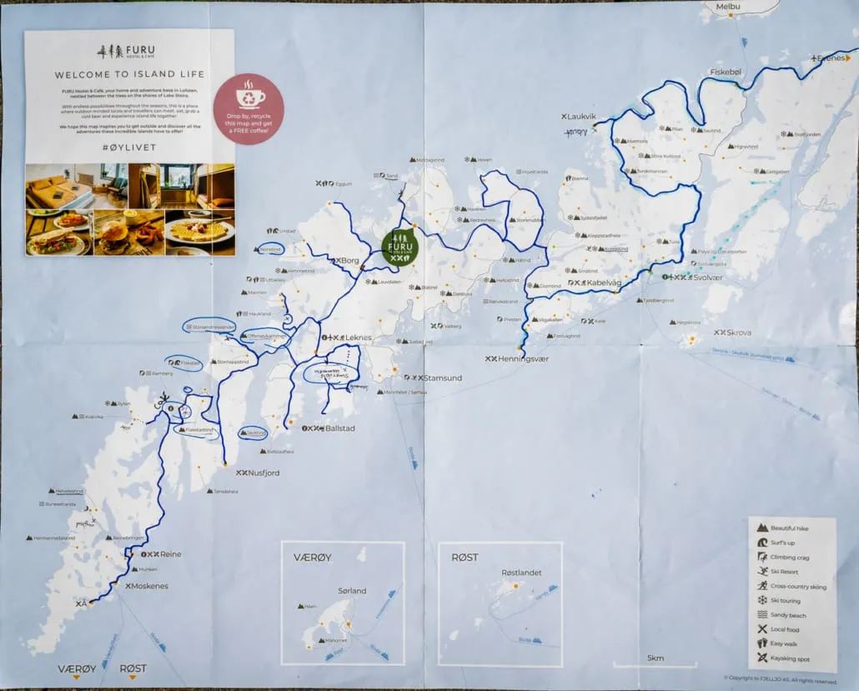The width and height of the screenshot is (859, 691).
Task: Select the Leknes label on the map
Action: click(355, 338)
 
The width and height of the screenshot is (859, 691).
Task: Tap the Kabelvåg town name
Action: click(606, 283)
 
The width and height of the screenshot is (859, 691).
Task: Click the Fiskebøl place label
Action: click(725, 73)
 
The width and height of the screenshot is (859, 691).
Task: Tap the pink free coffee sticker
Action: click(249, 109)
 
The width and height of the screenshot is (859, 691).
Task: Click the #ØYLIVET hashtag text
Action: click(129, 146)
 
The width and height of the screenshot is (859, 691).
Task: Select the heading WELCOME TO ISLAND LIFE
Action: click(129, 73)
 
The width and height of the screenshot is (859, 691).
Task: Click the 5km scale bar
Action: click(655, 663)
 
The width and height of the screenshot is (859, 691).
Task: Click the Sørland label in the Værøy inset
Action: click(352, 591)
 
